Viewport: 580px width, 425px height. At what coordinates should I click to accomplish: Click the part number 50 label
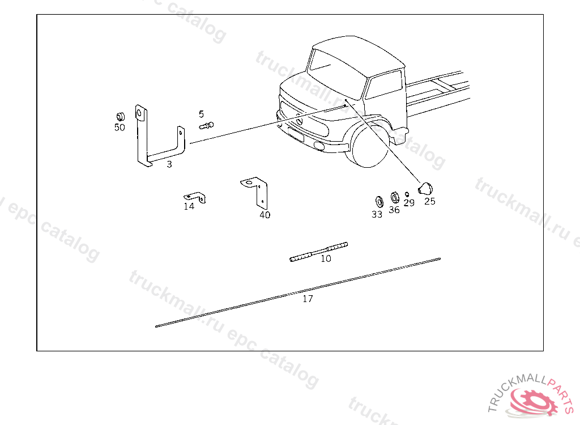pos(120,127)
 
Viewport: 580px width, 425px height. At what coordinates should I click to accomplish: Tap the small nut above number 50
pos(120,117)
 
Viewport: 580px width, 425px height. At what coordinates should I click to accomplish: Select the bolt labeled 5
pos(206,125)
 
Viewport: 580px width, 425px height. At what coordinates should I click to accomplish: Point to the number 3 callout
pos(169,164)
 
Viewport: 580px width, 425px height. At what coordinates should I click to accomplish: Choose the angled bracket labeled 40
pos(255,191)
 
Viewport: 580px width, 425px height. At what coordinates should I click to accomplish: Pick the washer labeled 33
pos(379,202)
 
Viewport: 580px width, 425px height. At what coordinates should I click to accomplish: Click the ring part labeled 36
pos(395,197)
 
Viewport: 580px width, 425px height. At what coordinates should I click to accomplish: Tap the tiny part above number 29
pos(407,194)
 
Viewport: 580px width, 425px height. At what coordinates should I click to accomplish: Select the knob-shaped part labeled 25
pos(425,188)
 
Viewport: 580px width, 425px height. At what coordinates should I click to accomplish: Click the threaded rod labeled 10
pos(318,252)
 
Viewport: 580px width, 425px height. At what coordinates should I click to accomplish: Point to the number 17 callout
pos(308,299)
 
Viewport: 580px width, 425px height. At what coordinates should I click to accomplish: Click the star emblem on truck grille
pos(299,121)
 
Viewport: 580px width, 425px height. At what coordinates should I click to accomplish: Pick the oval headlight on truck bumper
pos(318,146)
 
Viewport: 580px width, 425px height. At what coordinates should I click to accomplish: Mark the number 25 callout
pos(430,201)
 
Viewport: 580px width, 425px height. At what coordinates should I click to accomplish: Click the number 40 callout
pos(265,215)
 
